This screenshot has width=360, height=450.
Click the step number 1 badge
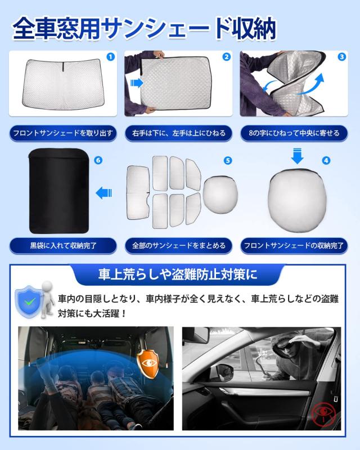pyautogui.click(x=110, y=57)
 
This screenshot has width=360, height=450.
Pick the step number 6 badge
pyautogui.click(x=99, y=160)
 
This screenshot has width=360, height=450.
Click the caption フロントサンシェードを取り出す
pyautogui.click(x=64, y=133)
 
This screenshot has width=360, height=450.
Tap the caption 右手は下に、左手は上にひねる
pyautogui.click(x=179, y=133)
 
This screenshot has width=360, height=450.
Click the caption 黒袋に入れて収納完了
pyautogui.click(x=64, y=245)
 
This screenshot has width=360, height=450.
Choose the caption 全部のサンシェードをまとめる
pyautogui.click(x=179, y=245)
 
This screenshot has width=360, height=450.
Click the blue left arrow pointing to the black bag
pyautogui.click(x=103, y=193)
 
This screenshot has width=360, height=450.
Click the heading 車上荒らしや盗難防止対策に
pyautogui.click(x=178, y=276)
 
